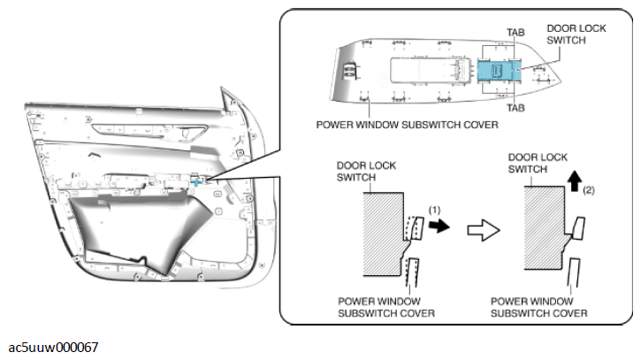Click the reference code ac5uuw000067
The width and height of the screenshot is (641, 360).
53,348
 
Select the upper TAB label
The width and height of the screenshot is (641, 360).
515,33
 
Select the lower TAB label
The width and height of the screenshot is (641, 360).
515,108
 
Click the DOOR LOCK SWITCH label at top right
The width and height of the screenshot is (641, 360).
576,34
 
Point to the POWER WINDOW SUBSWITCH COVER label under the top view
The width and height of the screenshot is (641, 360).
408,125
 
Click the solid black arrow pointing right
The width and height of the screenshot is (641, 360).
439,225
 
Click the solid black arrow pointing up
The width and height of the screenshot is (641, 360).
576,180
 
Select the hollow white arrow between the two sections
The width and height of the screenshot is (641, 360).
484,230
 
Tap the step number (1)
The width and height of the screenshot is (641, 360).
435,210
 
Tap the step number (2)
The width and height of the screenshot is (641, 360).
589,190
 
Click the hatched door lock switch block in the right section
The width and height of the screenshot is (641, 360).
545,228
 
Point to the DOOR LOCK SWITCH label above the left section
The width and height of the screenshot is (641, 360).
366,172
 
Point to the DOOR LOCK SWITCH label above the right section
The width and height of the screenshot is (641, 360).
538,164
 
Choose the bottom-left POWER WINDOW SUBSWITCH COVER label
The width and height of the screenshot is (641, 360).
385,307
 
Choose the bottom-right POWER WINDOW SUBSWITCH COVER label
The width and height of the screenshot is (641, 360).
538,307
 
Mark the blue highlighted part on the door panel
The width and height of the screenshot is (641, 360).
197,181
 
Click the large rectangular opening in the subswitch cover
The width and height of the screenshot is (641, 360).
426,70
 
